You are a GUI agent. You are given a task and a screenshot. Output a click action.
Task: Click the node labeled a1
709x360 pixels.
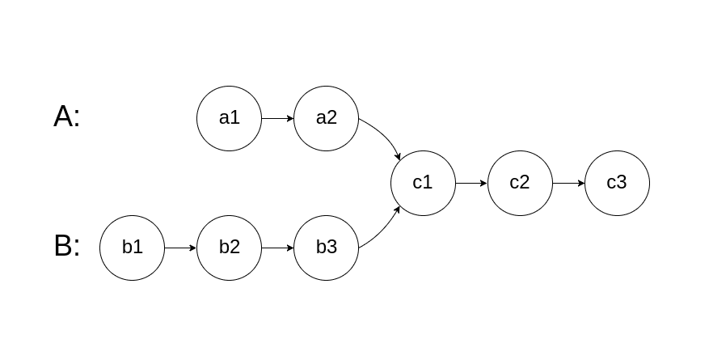[229, 118]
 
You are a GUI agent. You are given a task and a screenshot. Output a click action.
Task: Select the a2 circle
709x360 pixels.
[326, 118]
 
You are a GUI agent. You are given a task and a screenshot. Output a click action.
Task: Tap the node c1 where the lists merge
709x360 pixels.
[423, 183]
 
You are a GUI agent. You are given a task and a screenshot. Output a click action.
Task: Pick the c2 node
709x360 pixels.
[520, 183]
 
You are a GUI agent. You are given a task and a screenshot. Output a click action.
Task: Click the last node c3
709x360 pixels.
[617, 183]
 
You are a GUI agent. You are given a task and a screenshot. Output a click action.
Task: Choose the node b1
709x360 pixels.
[132, 248]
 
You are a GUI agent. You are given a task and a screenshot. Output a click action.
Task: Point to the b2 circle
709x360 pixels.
[229, 248]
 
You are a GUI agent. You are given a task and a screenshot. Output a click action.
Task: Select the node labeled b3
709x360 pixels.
[326, 248]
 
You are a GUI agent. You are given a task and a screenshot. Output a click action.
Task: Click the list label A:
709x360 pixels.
[67, 117]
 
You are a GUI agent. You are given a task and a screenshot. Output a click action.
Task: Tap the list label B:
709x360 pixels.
[67, 246]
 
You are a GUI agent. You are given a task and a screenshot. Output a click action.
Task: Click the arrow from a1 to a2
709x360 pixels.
[277, 118]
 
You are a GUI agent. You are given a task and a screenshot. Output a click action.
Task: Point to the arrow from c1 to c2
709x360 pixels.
[471, 183]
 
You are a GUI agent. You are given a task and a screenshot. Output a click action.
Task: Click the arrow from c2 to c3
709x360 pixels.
[568, 183]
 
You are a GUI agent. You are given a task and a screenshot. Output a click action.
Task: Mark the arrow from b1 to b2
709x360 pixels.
[180, 248]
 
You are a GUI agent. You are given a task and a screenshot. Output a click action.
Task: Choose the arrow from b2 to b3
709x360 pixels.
[277, 248]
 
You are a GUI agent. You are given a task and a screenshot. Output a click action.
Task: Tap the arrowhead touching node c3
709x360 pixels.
[580, 183]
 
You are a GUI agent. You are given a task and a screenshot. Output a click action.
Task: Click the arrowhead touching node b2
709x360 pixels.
[192, 248]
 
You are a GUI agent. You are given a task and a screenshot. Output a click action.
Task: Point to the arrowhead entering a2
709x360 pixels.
[289, 118]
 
